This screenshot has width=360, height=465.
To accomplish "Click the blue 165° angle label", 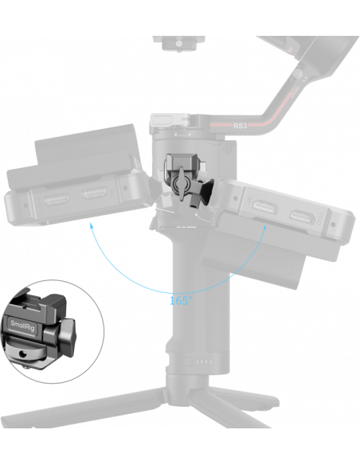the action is tap(181, 301).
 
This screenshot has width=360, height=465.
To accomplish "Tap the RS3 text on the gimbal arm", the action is tap(240, 126).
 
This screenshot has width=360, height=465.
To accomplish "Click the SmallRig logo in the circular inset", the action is tap(22, 326).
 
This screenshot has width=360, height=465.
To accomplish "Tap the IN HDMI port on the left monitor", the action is tap(94, 193).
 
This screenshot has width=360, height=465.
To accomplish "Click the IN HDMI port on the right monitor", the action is tap(265, 207).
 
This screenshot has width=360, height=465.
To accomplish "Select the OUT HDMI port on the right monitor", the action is tap(302, 217).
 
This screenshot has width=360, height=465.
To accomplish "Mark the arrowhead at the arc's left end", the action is tap(92, 227).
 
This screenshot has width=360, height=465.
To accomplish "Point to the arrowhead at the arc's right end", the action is tap(264, 228).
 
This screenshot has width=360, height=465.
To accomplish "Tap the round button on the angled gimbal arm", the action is tap(298, 73).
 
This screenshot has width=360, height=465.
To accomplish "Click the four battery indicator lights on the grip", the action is tap(205, 361).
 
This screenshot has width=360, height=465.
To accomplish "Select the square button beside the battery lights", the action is tap(188, 361).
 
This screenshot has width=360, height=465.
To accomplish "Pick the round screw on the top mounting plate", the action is tap(179, 44).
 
